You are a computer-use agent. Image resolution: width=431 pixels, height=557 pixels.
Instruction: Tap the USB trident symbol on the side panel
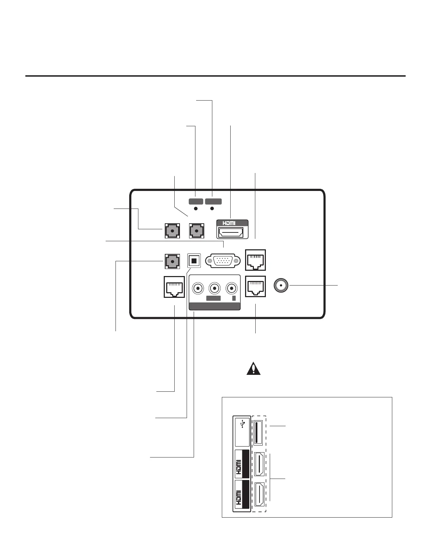tap(242, 425)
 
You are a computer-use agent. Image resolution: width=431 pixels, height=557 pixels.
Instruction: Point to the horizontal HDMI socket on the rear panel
tap(232, 232)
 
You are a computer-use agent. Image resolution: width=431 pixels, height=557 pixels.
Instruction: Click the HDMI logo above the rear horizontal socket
tap(229, 223)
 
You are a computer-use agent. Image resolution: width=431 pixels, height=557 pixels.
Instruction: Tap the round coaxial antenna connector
tap(281, 286)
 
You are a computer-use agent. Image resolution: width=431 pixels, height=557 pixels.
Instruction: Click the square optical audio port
tap(194, 261)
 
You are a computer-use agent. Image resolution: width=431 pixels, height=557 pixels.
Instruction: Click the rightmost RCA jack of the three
tap(231, 289)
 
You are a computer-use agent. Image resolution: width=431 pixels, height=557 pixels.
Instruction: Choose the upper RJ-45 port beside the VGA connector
tap(255, 260)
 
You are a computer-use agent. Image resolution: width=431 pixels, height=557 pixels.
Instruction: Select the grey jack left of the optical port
tap(172, 261)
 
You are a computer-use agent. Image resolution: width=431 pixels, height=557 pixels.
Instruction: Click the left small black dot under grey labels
tap(196, 209)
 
